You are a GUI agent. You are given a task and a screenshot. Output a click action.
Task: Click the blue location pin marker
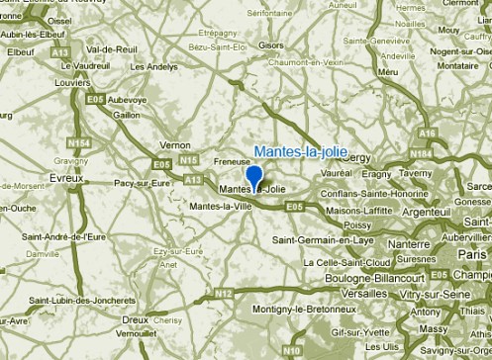[x=253, y=177]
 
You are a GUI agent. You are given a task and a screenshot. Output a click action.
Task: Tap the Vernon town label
[x=175, y=144]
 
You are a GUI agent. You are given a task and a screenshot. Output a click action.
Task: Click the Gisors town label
[x=270, y=45]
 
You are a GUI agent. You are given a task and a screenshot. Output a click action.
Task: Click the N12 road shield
[x=225, y=294]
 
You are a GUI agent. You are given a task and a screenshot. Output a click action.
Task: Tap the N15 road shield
[x=191, y=160]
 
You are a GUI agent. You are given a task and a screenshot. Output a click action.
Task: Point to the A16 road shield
[x=427, y=133]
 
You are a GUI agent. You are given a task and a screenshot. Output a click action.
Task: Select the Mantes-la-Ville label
[x=221, y=207]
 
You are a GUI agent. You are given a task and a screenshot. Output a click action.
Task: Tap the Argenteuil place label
[x=427, y=213]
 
